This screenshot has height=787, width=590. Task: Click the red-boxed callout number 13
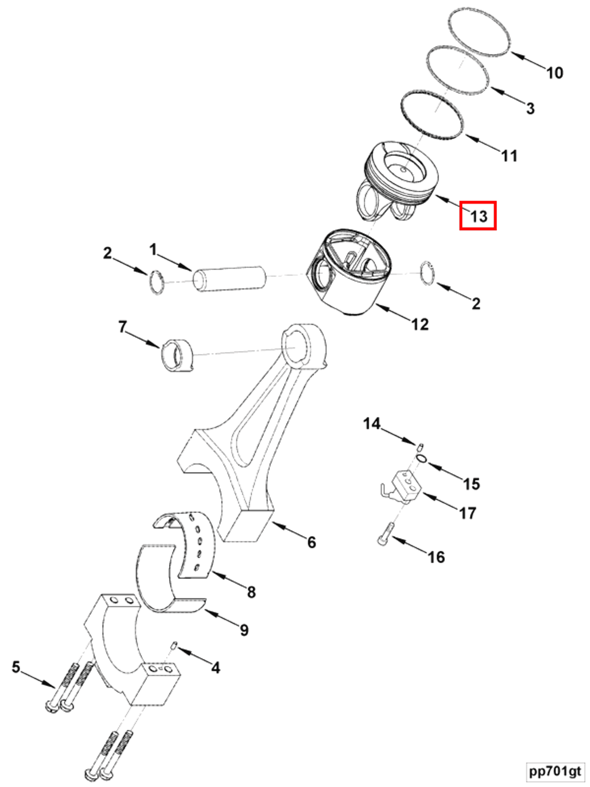pos(478,216)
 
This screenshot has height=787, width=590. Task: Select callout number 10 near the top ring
pos(555,73)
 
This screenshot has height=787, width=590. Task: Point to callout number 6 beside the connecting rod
pos(312,542)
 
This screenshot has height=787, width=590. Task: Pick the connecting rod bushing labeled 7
pos(177,356)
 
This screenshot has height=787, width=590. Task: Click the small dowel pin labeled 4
pos(174,645)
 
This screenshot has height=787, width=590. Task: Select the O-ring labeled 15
pos(422,458)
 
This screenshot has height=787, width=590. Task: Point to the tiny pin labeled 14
pos(421,446)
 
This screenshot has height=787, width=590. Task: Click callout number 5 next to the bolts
pos(16,667)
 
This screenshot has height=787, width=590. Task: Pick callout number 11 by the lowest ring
pos(509,156)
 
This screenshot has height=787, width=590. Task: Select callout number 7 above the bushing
pos(122,326)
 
